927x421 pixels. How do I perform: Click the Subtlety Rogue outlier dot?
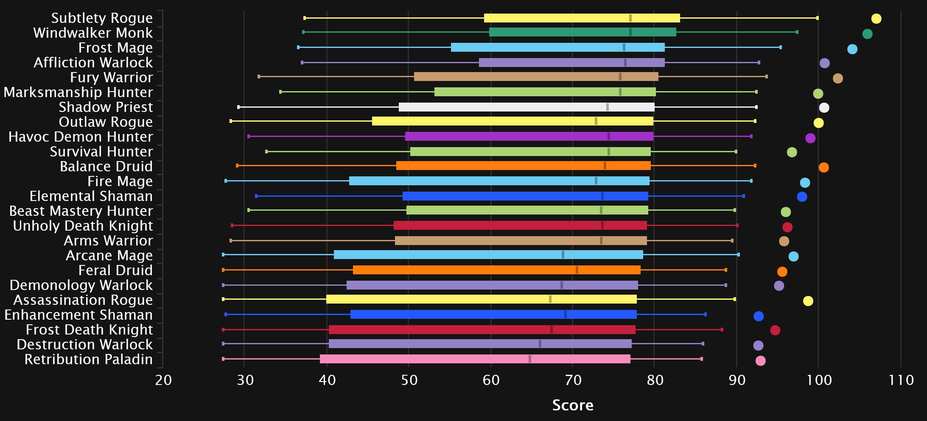[x=876, y=19]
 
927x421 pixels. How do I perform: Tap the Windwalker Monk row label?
[x=93, y=33]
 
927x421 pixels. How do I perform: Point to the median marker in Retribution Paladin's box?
[x=530, y=359]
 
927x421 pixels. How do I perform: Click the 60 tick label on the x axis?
[x=491, y=380]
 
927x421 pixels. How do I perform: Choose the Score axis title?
[x=572, y=405]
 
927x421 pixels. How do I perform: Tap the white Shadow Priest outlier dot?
[x=824, y=108]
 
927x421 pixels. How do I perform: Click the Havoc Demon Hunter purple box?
[x=529, y=137]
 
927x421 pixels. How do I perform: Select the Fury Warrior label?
[x=111, y=78]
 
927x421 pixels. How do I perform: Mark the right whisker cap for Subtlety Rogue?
[x=818, y=18]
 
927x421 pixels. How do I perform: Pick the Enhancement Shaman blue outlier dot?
[x=759, y=316]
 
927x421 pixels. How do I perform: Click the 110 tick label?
[x=901, y=380]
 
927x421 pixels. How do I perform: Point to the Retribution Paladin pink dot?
[x=761, y=361]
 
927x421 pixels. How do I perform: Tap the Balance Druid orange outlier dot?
[x=823, y=167]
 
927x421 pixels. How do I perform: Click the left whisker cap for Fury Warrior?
[x=259, y=77]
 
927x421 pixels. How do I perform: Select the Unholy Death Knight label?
[x=83, y=226]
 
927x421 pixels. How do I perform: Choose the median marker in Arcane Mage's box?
[x=563, y=255]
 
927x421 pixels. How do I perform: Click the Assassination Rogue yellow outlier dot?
[x=808, y=301]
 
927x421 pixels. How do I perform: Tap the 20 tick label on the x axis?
[x=163, y=380]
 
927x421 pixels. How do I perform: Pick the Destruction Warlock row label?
[x=84, y=345]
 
